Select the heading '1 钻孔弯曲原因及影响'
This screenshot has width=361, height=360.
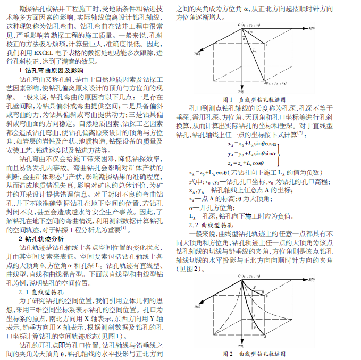pos(51,70)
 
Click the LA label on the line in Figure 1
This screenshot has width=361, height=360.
pos(255,51)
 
